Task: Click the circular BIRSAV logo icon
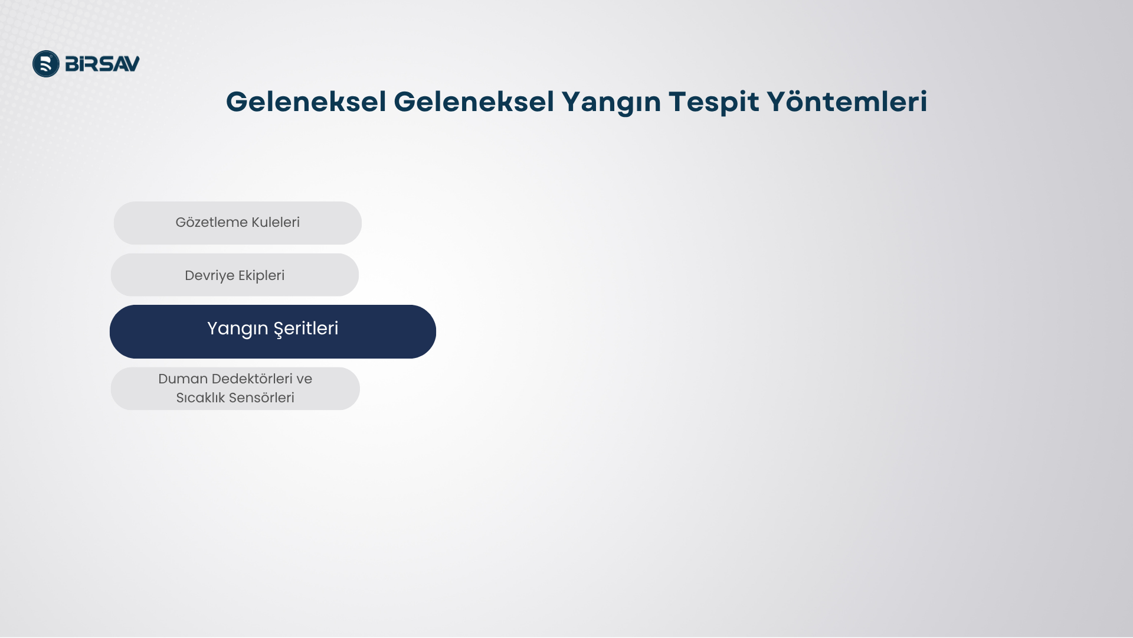tap(46, 64)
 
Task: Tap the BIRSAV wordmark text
tap(102, 64)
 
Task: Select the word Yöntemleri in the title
tap(847, 102)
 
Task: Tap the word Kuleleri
tap(276, 222)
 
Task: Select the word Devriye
tap(209, 276)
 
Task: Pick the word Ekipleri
tap(261, 276)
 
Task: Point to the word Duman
tap(183, 379)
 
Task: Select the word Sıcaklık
tap(201, 398)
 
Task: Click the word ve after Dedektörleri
tap(304, 380)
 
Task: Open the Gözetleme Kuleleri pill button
tap(238, 223)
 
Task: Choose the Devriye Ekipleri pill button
tap(235, 275)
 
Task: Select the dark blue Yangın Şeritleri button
tap(273, 332)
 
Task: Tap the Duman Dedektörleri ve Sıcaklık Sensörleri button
tap(235, 389)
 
